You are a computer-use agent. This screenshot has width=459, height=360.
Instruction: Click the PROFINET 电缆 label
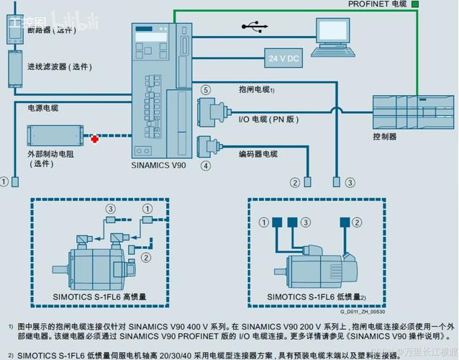coord(377,4)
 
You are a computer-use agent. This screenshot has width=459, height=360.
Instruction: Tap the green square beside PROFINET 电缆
coord(415,4)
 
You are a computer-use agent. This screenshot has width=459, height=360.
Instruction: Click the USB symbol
coord(254,27)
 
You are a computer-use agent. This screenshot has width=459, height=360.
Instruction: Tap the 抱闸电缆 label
coord(256,89)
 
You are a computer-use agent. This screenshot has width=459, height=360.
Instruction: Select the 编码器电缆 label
coord(258,153)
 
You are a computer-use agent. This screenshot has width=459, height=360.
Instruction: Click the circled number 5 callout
coord(206,90)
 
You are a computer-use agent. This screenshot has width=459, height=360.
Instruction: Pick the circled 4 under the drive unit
coord(206,166)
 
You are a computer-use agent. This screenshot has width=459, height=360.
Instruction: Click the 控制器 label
coord(384,136)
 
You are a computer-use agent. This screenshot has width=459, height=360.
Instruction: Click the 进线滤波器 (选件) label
coord(59,67)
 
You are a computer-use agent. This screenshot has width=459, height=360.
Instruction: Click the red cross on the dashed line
coord(94,135)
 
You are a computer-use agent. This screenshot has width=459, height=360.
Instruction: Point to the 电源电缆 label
coord(43,108)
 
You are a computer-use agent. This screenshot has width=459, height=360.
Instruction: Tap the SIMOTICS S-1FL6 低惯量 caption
coord(317,296)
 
